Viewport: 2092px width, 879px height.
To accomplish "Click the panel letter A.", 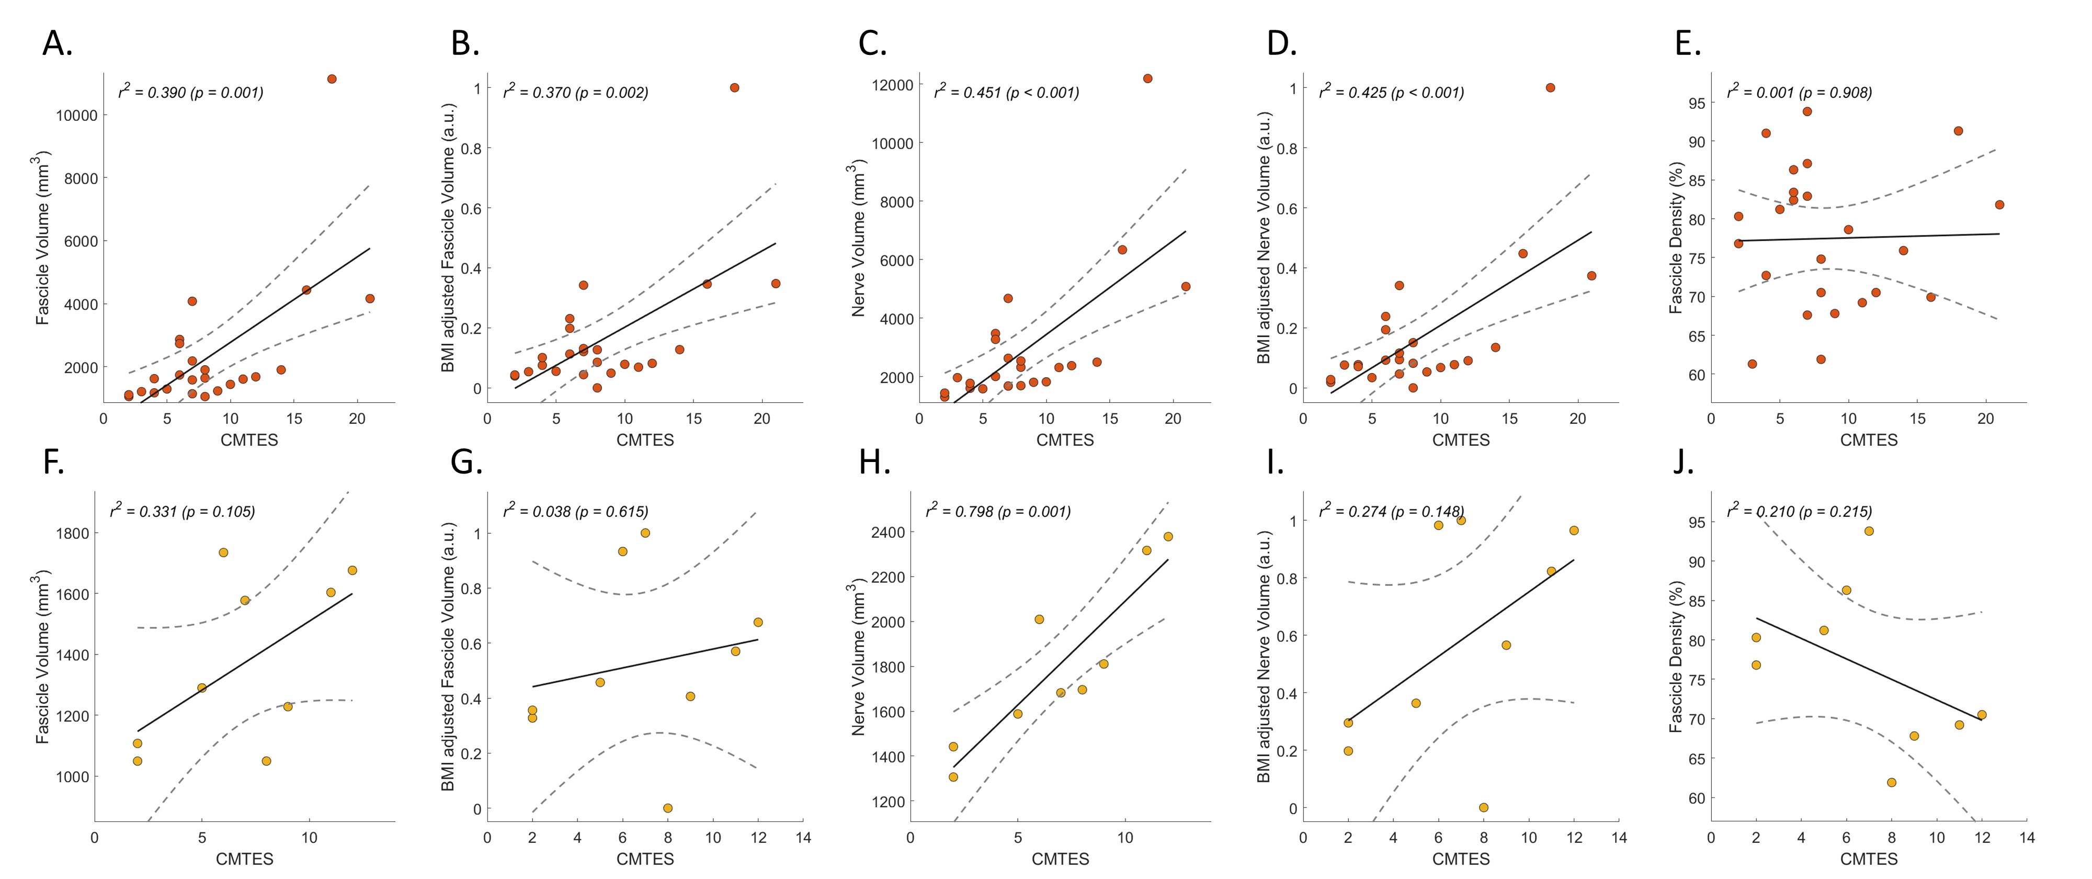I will click(57, 44).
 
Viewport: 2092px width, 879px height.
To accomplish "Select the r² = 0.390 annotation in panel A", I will click(191, 92).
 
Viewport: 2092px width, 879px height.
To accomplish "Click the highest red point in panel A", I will click(332, 79).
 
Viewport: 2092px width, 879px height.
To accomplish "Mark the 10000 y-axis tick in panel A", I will click(76, 115).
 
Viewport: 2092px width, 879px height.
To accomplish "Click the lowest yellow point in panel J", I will click(1891, 782).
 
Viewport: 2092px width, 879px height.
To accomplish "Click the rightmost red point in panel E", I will click(1999, 205).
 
